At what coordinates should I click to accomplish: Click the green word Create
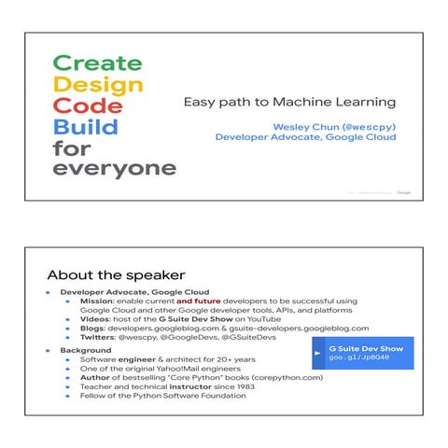tap(97, 63)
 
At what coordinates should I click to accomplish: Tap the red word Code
tap(88, 105)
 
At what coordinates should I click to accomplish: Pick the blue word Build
tap(86, 127)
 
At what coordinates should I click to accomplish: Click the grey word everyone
tap(114, 169)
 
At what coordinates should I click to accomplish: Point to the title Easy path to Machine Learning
tap(288, 102)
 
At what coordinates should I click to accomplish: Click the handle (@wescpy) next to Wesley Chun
tap(365, 125)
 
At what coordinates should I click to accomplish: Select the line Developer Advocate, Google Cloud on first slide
tap(305, 137)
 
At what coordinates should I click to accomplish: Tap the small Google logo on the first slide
tap(403, 192)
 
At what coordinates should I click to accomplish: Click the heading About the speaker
tap(116, 275)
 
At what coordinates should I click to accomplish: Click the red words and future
tap(197, 301)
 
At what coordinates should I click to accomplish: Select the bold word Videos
tap(95, 318)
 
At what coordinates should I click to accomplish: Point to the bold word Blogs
tap(91, 329)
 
